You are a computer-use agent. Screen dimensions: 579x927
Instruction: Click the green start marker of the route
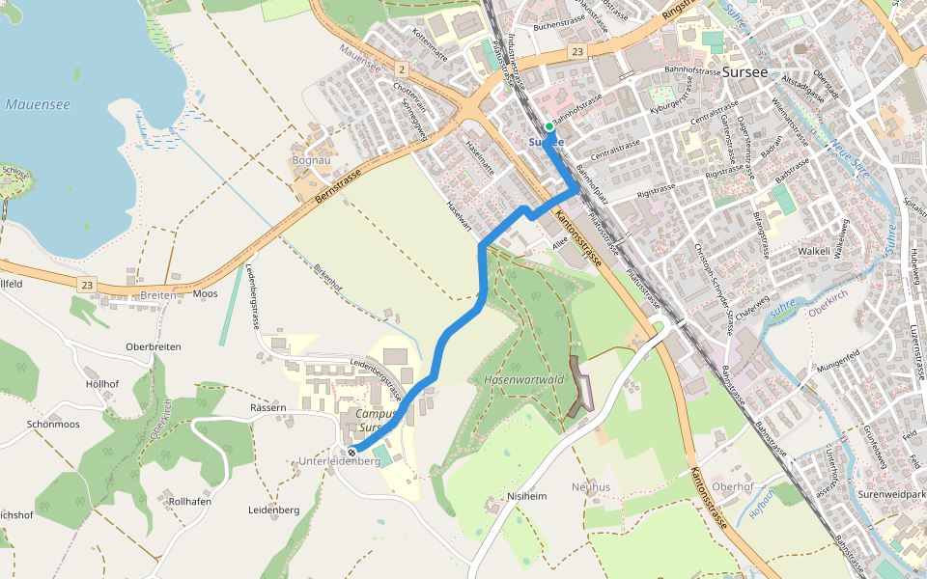click(x=548, y=126)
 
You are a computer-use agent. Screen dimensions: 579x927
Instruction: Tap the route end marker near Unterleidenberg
click(x=351, y=451)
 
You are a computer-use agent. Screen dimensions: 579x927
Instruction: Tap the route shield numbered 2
click(x=400, y=69)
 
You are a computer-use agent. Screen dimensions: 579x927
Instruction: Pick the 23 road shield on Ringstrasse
click(x=577, y=51)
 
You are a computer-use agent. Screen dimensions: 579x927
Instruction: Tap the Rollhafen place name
click(x=189, y=502)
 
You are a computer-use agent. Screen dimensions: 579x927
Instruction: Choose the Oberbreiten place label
click(x=154, y=346)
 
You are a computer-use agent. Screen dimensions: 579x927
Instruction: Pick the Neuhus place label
click(x=591, y=486)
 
